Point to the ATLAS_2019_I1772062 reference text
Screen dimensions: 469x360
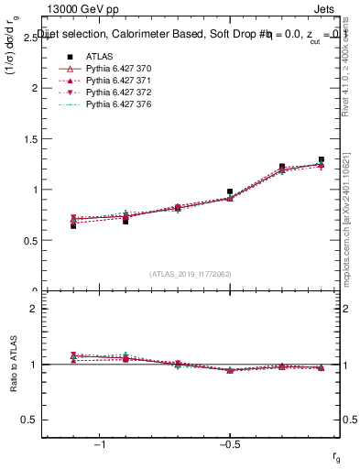tap(191, 274)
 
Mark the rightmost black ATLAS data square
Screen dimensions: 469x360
tap(322, 160)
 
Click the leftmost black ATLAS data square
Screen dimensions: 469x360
tap(73, 225)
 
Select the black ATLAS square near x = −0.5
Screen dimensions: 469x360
tap(230, 192)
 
